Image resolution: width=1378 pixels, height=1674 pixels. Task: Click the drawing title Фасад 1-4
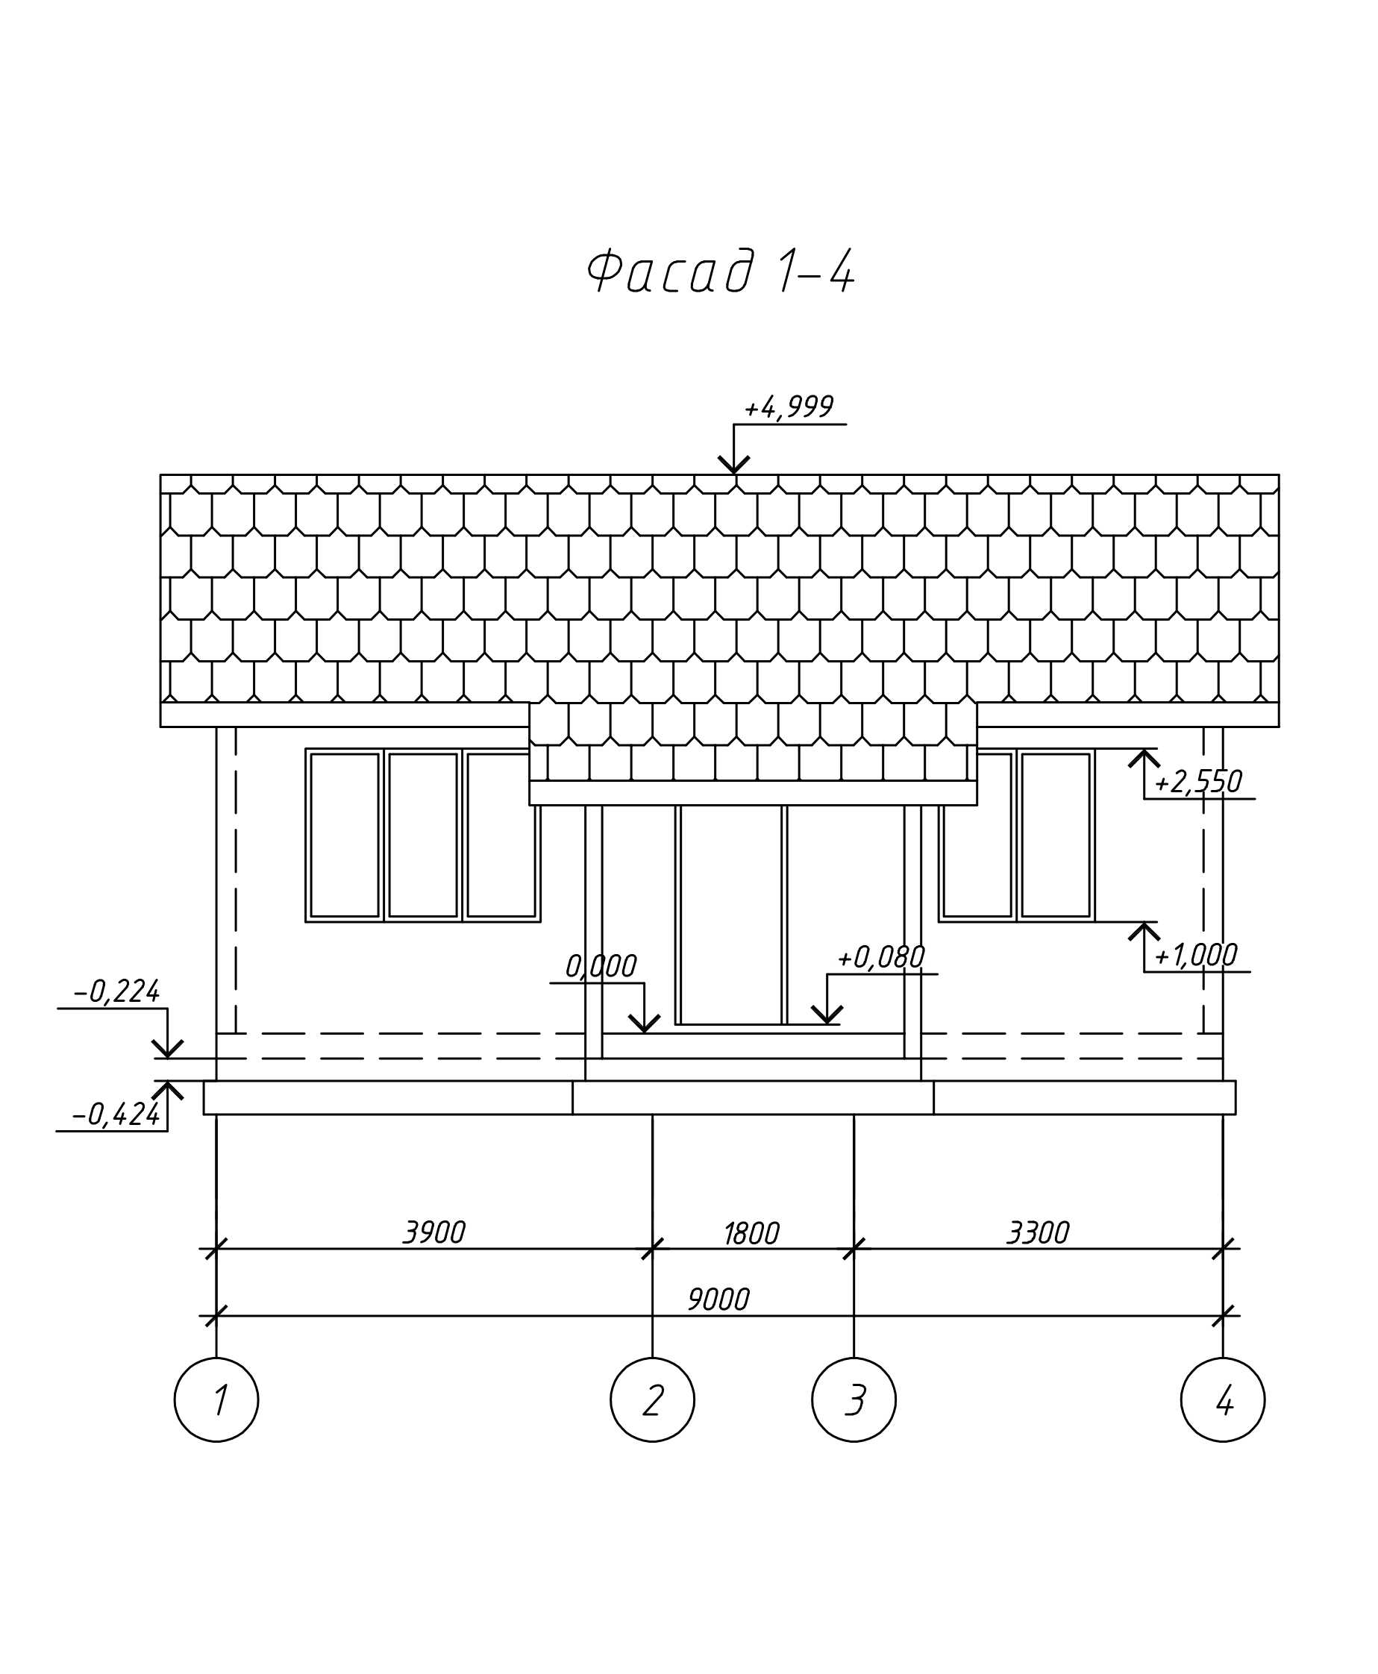click(x=720, y=272)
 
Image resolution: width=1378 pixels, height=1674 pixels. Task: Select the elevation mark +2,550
click(x=1197, y=783)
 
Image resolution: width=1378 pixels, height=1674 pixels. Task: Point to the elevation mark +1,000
click(x=1194, y=956)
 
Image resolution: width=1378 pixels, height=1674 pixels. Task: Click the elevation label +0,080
click(x=880, y=958)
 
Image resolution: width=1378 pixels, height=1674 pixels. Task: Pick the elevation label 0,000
click(x=600, y=967)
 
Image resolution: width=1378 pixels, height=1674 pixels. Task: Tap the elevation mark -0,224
click(x=116, y=992)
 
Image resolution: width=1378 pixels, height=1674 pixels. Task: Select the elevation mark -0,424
click(x=116, y=1115)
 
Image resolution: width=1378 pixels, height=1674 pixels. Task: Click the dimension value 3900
click(x=433, y=1232)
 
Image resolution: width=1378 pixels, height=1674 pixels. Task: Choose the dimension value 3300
click(x=1038, y=1232)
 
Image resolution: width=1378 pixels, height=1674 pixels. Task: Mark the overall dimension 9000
click(x=718, y=1300)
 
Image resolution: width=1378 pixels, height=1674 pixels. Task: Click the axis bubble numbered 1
click(x=216, y=1400)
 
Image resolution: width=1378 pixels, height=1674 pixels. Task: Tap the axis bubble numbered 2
click(x=653, y=1400)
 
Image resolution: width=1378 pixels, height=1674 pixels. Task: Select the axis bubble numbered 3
click(x=854, y=1400)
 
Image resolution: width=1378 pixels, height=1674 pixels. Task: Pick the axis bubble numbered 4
click(x=1222, y=1400)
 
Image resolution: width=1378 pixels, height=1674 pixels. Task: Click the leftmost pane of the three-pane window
click(x=345, y=835)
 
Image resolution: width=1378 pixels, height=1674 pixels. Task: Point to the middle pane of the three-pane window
click(x=423, y=835)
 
